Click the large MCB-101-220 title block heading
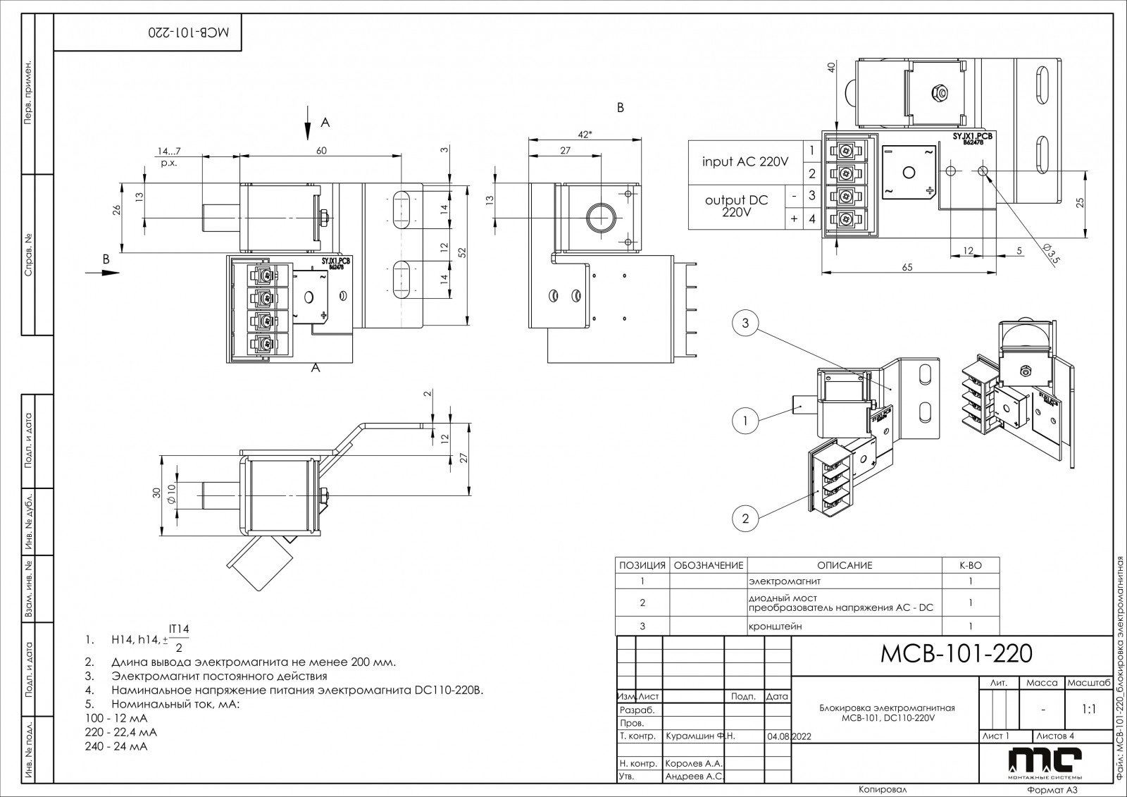coord(957,654)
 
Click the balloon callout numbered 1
coord(745,421)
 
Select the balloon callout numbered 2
coord(745,519)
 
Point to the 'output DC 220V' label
coord(736,206)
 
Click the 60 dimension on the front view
coord(321,150)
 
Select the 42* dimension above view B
coord(583,134)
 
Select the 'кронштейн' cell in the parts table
coord(775,626)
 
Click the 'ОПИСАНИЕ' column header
coord(844,565)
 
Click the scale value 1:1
coord(1088,710)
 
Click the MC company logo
coord(1044,761)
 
